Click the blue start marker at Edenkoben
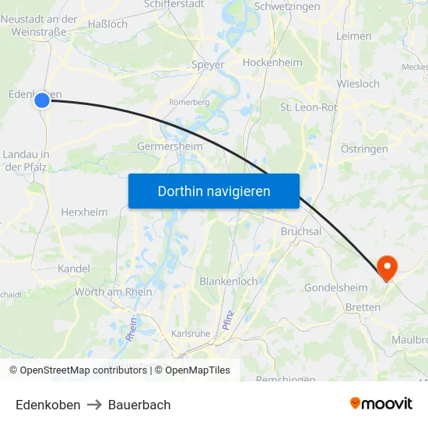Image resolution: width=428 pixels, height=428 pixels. [42, 100]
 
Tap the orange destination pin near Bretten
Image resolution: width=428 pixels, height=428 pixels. [387, 268]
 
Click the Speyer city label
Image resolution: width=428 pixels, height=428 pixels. [208, 65]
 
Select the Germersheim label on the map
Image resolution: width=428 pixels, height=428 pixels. [170, 146]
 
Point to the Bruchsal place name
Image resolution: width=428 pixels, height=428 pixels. [301, 231]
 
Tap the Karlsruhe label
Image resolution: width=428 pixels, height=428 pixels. [190, 333]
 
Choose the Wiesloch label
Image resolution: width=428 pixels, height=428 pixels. [358, 83]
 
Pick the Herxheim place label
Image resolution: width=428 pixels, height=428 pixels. [84, 212]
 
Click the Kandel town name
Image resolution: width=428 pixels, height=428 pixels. [74, 268]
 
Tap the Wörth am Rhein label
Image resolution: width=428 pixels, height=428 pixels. [114, 292]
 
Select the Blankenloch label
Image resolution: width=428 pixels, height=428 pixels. [229, 281]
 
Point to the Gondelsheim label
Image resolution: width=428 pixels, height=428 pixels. [335, 288]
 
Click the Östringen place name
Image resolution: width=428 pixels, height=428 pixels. [365, 148]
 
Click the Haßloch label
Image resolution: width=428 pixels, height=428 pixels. [108, 24]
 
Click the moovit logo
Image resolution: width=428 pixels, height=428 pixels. [381, 403]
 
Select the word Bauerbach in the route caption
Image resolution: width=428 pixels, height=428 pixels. [139, 405]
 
